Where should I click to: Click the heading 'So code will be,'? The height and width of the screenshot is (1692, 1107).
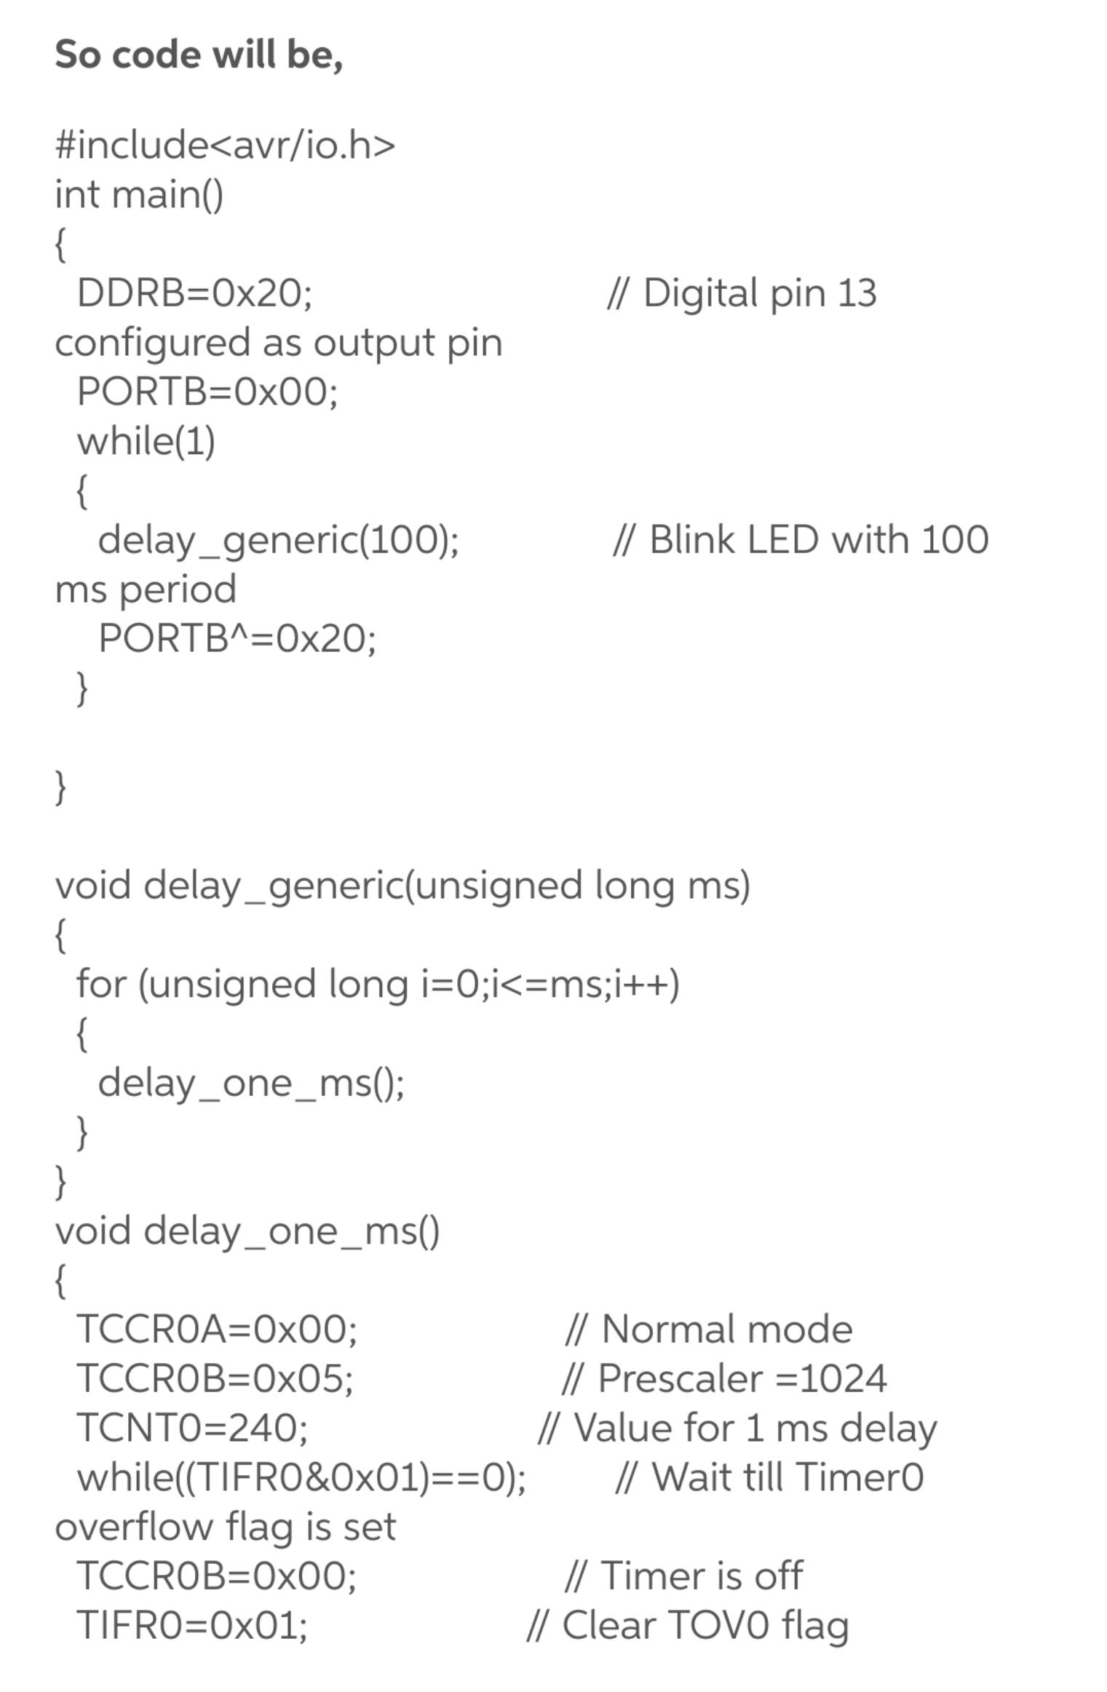pos(199,55)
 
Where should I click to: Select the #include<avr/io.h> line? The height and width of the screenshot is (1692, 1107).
pos(225,144)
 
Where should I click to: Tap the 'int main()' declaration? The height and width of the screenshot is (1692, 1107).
pos(139,194)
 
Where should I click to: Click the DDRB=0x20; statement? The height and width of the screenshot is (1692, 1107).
pos(194,293)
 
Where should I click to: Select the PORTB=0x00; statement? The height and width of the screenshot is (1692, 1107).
pos(207,392)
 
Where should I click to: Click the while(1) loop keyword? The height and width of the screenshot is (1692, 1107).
pos(146,441)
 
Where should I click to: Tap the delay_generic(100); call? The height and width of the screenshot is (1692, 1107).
pos(278,540)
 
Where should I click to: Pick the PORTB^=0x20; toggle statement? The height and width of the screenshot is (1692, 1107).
pos(237,638)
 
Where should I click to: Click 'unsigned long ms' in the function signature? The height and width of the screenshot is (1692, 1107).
pos(579,886)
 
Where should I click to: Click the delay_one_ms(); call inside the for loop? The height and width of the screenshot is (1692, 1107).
pos(251,1083)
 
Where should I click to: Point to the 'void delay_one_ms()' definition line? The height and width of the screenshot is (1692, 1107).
pos(247,1231)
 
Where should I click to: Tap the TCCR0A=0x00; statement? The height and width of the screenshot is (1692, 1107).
pos(217,1330)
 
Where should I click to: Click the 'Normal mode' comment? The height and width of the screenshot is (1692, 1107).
pos(727,1330)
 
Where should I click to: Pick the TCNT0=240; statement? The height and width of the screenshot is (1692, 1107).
pos(192,1428)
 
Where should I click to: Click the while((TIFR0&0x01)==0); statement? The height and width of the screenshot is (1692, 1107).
pos(301,1477)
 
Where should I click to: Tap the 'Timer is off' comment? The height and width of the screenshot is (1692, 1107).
pos(702,1576)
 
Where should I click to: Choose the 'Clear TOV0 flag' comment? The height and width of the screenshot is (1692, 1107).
pos(705,1626)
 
